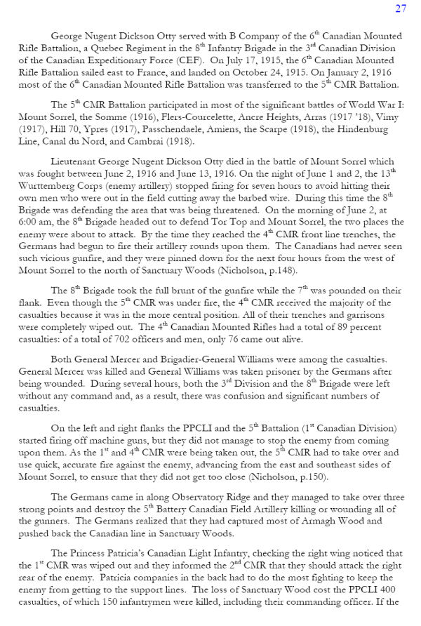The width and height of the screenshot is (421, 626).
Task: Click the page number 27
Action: [401, 8]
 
